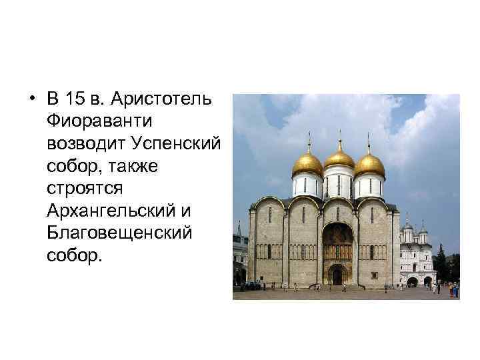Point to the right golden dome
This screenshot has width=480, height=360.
369,164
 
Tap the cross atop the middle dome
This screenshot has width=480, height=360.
339,136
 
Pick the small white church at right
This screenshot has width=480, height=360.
417,257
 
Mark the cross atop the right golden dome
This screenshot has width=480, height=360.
369,141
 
